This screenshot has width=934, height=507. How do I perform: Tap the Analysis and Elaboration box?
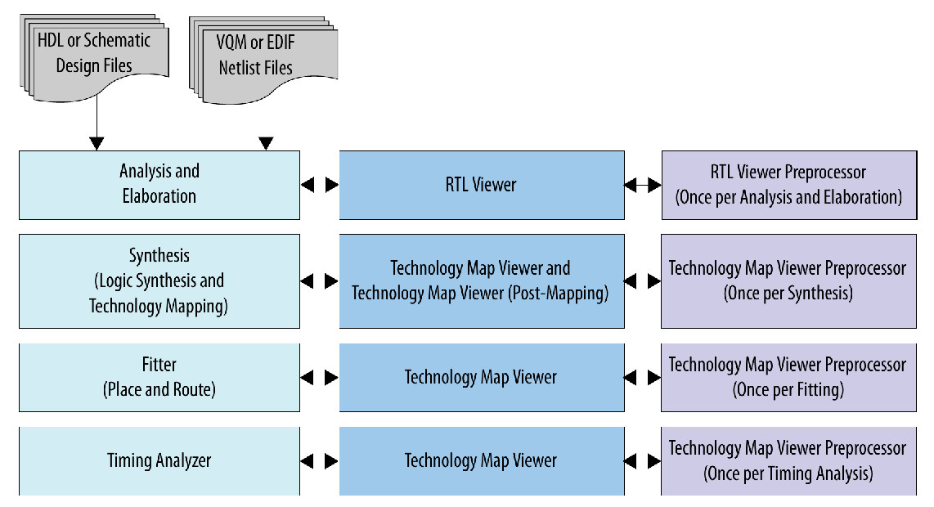[159, 184]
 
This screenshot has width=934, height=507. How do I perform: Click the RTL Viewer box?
[481, 185]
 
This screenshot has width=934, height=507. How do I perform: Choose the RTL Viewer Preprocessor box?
[788, 185]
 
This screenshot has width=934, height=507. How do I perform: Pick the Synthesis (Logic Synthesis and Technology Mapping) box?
[159, 281]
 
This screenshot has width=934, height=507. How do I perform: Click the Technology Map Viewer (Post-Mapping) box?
[481, 281]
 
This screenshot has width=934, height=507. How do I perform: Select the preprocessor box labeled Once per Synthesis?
[788, 281]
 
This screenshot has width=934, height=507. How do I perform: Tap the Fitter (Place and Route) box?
[159, 377]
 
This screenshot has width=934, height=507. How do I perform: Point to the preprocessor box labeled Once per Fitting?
[788, 377]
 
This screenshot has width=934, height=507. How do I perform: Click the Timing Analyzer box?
[159, 460]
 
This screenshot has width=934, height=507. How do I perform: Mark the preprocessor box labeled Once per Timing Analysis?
[788, 460]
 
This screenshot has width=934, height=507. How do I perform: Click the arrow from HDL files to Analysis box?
[97, 123]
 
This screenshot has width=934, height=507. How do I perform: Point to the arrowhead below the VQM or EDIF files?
[265, 144]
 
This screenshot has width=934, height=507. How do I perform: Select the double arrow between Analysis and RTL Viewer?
[319, 186]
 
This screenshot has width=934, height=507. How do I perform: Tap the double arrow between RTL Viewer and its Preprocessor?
[643, 186]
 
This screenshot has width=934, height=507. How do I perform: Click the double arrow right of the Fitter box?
[319, 378]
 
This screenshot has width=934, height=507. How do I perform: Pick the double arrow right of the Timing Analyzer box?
[319, 461]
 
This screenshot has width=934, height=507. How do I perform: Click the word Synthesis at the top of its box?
[159, 256]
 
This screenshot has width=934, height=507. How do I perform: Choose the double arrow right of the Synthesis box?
[319, 281]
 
